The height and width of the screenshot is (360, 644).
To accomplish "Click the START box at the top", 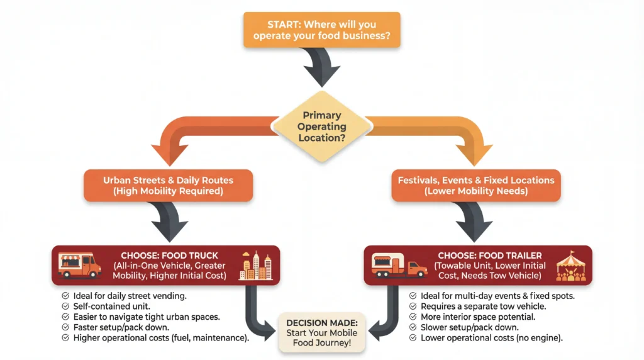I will coord(321,30).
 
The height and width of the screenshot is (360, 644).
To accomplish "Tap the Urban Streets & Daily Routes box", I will coord(169,186).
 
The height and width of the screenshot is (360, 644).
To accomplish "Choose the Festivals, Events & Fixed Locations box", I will coord(476,186).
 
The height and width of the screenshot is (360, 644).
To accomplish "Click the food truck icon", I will coord(79,264).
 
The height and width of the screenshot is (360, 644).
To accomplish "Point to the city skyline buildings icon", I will coord(257,265).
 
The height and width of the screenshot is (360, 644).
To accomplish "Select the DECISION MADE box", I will coord(321,332).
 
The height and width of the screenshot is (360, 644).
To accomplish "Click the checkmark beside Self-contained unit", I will coord(65,306).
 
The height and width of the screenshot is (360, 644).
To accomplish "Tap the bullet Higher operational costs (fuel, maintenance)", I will coord(161,338).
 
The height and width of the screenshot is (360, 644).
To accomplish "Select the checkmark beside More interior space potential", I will coord(413,317).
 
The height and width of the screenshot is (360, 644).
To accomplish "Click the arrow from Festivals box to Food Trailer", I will coord(476,222).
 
